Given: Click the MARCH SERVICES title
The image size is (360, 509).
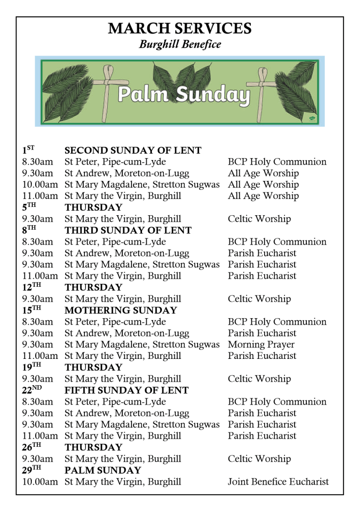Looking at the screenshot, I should [x=180, y=28].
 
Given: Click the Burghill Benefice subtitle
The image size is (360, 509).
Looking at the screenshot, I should [x=180, y=45].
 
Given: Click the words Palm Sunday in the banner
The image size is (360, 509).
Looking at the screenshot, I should [x=183, y=94].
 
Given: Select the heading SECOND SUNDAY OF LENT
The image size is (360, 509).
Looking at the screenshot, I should [x=133, y=150].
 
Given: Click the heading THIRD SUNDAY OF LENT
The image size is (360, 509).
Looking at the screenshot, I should [x=128, y=230].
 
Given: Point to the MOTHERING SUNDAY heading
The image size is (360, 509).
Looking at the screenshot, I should [x=121, y=310].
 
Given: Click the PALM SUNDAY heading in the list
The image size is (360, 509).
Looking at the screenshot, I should [x=103, y=470].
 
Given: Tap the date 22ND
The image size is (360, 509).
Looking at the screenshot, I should [x=33, y=390].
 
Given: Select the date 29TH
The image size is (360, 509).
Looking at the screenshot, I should [x=33, y=470].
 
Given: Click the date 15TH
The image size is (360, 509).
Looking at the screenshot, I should [x=33, y=310].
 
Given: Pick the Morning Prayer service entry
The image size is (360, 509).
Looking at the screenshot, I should [x=261, y=344].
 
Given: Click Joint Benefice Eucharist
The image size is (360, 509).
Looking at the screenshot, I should [x=278, y=481].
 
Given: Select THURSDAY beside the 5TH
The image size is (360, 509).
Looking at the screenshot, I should [x=93, y=207].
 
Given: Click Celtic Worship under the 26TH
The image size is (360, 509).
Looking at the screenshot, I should [x=259, y=458].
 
